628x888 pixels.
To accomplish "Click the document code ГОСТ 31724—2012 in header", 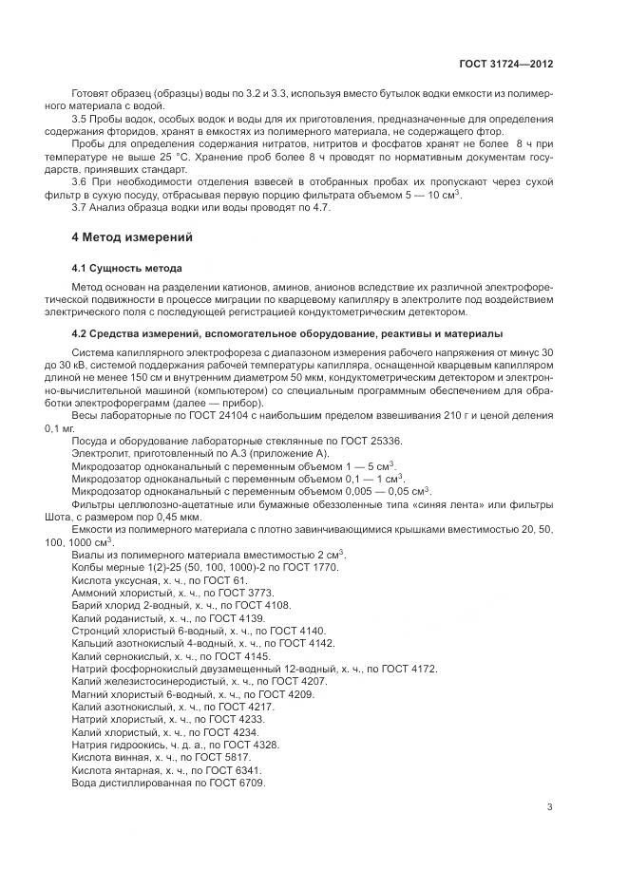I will tap(504, 65).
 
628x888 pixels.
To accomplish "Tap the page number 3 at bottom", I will tap(549, 807).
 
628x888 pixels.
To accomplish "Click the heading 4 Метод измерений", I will tap(132, 236).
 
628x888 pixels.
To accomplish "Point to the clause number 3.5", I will tap(80, 119).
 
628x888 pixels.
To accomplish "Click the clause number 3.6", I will tap(80, 181).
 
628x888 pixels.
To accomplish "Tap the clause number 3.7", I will tap(80, 207).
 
